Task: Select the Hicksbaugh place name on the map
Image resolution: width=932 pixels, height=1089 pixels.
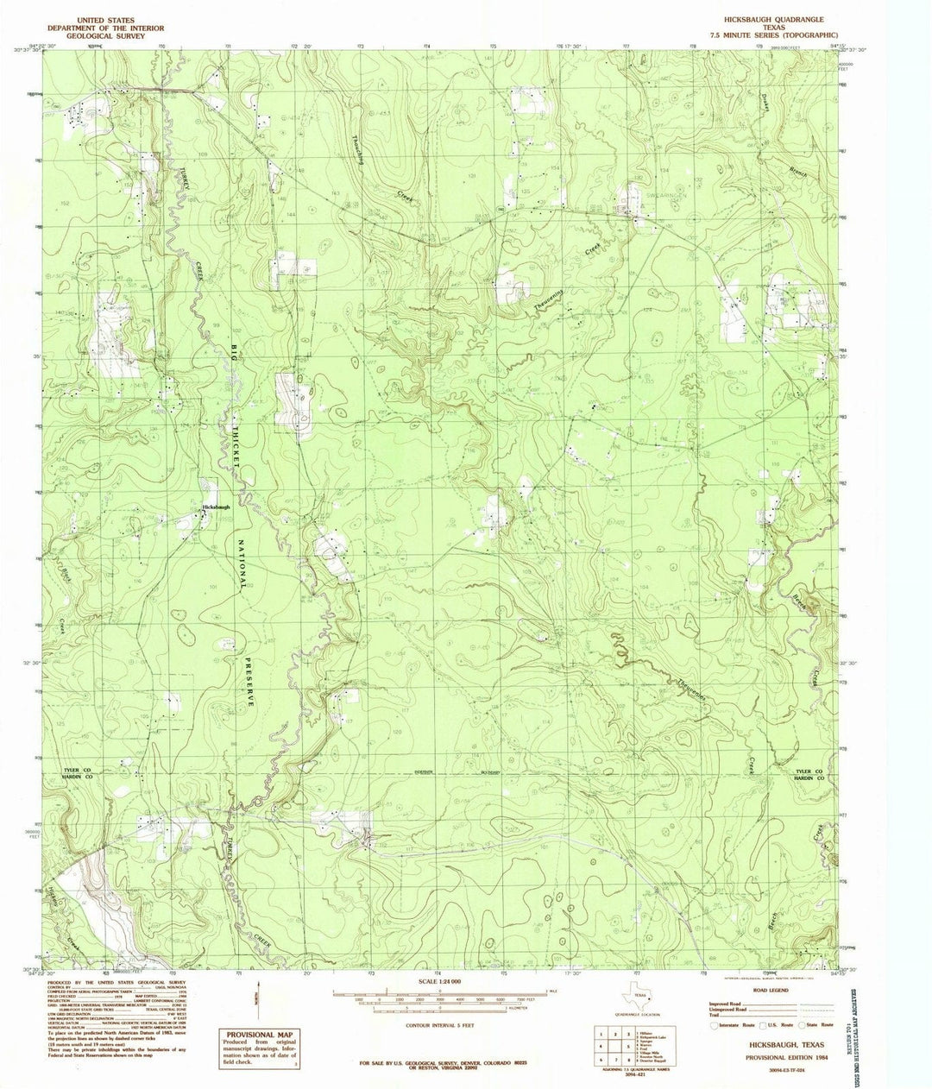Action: point(216,507)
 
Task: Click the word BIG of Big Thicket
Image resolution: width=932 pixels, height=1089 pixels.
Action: point(233,354)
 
